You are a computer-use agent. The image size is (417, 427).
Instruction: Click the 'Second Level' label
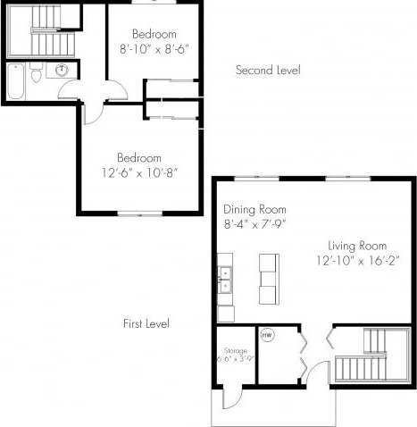[267, 70]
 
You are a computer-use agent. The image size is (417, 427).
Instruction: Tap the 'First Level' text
[146, 323]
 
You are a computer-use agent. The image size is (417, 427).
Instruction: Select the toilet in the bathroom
[35, 75]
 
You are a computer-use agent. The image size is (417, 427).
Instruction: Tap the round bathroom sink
[62, 71]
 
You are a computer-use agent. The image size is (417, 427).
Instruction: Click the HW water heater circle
[266, 336]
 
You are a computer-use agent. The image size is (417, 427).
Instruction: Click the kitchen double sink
[225, 280]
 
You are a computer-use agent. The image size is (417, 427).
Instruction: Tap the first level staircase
[364, 353]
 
